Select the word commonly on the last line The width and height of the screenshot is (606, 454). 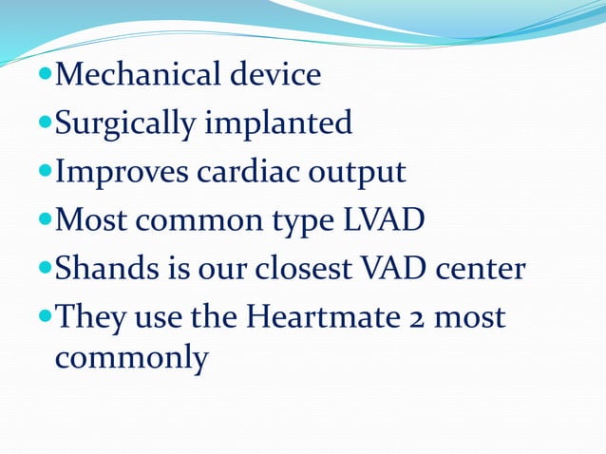[x=131, y=358]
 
